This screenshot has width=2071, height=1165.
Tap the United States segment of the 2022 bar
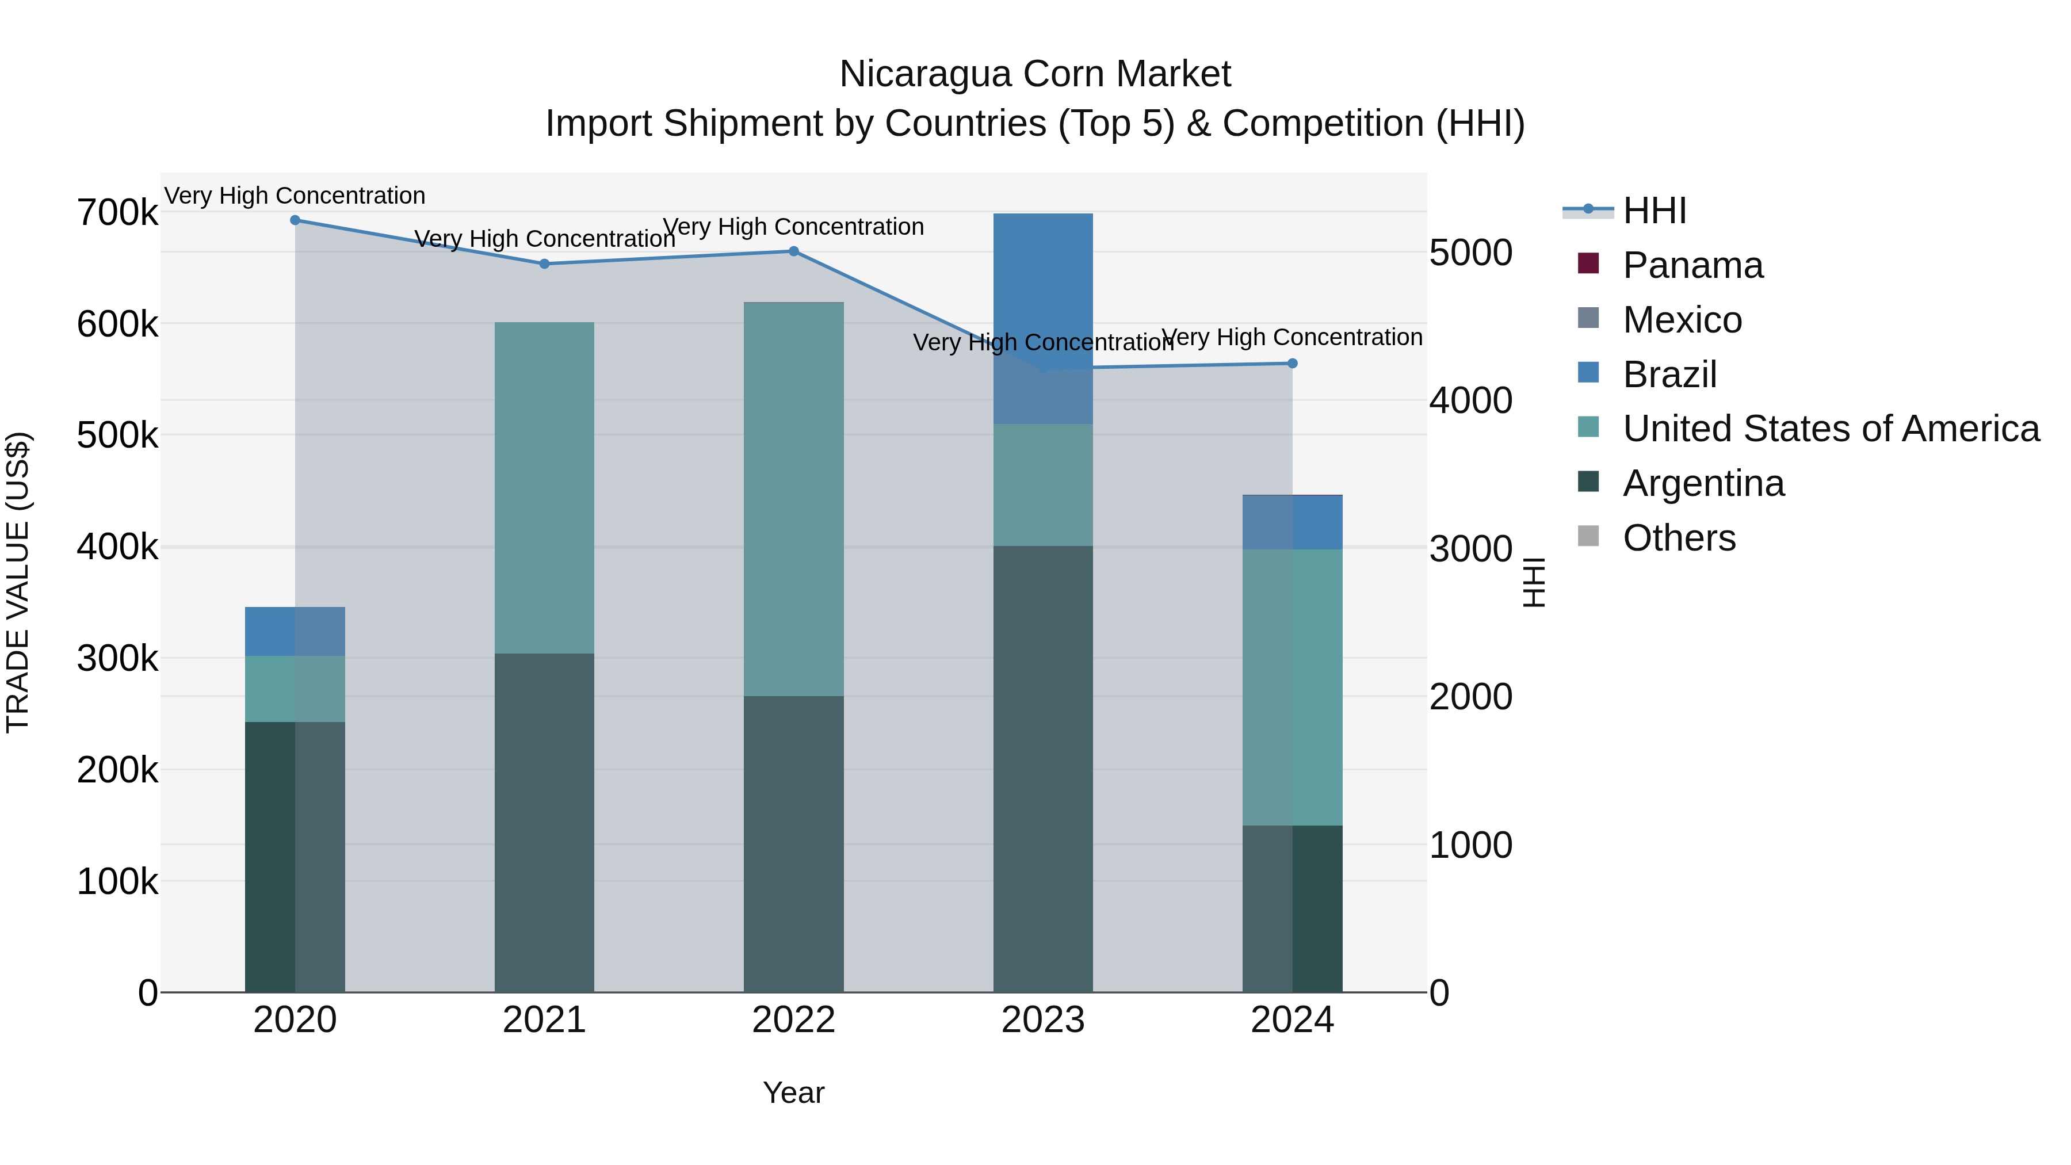(x=793, y=498)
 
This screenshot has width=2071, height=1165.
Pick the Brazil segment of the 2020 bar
(x=295, y=631)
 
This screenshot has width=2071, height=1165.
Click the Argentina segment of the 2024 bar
(x=1292, y=908)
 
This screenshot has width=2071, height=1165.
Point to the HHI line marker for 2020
(x=295, y=220)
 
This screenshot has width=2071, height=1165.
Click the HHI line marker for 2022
(x=793, y=251)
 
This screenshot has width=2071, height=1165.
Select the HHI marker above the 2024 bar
(x=1292, y=364)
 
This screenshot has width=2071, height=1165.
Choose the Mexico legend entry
(x=1682, y=320)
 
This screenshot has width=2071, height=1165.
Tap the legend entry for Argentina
(x=1703, y=483)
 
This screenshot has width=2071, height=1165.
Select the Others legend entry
(x=1679, y=538)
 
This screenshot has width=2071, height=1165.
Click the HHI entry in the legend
(x=1654, y=211)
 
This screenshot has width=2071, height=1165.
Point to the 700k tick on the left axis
(x=117, y=213)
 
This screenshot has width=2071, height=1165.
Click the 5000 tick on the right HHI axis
(x=1470, y=253)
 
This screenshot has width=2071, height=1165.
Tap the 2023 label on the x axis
(x=1043, y=1020)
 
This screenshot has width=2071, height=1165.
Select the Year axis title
(x=793, y=1093)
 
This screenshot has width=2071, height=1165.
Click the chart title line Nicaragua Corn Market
(x=1035, y=74)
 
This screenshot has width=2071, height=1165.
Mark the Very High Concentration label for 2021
(x=544, y=239)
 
